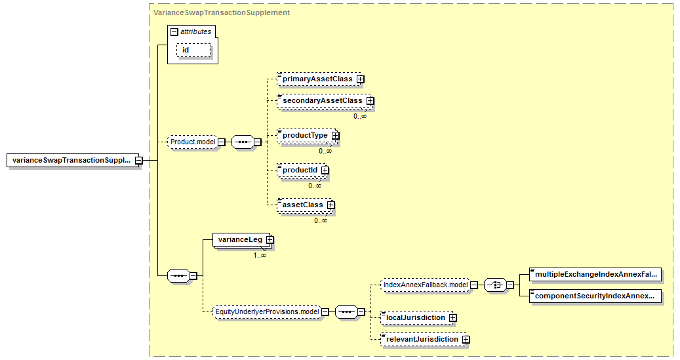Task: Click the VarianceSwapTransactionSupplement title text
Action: [222, 12]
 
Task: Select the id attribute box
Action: [193, 50]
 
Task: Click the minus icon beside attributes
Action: [174, 31]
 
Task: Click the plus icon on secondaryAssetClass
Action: [370, 100]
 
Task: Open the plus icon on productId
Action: [325, 170]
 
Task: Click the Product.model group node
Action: [193, 142]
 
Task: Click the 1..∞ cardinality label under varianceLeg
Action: [260, 256]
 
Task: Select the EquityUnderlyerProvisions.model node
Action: [267, 312]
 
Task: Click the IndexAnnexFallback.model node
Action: [426, 285]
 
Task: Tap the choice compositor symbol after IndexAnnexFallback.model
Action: [495, 285]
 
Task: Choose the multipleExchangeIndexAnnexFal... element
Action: [595, 274]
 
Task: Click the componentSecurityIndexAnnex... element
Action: [595, 296]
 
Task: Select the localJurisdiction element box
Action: [416, 317]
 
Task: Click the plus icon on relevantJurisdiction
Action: [466, 339]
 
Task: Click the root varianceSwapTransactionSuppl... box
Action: [73, 160]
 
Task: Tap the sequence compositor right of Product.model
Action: [243, 142]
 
